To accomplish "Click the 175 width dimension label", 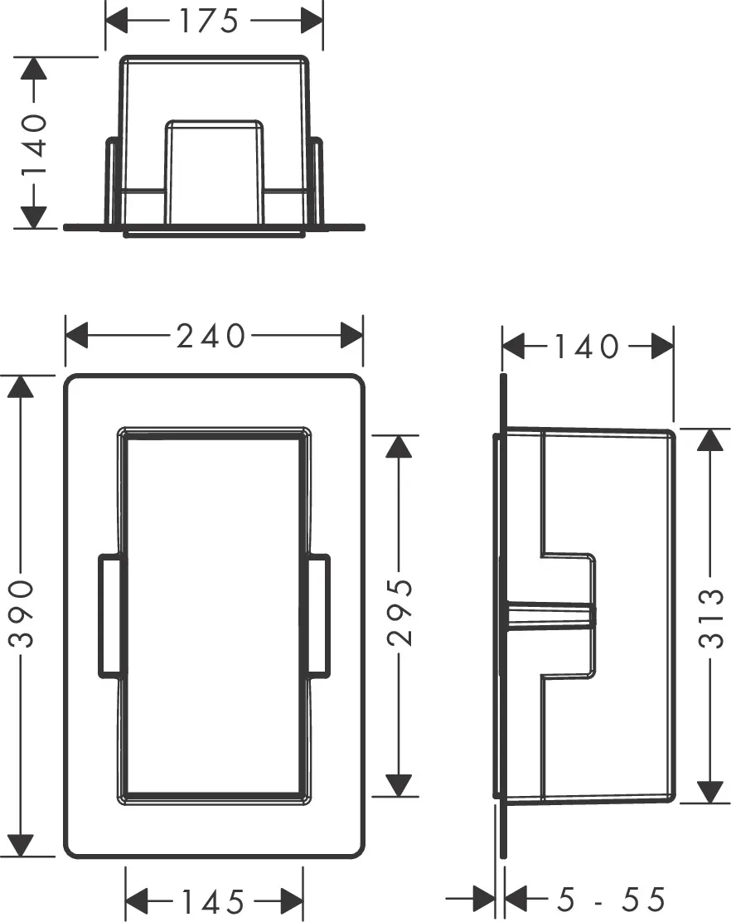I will tap(209, 21).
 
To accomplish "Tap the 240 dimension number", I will tap(211, 337).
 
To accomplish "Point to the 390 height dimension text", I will tap(21, 614).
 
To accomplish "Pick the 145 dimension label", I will tap(213, 900).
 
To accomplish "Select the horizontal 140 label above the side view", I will tap(588, 347).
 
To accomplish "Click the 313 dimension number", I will tap(710, 617).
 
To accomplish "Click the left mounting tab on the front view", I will tap(110, 616).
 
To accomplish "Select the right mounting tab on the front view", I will tap(318, 616).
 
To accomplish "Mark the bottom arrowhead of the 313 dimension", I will tap(709, 791).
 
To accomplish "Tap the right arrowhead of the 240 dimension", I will tap(351, 337).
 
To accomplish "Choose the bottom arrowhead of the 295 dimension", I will tap(399, 784).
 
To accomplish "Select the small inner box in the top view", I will tap(215, 170).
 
